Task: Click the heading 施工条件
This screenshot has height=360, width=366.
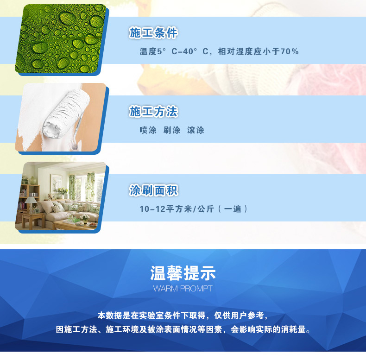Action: (153, 32)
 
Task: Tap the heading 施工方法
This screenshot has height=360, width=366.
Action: (153, 111)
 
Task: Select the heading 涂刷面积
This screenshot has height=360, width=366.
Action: (153, 190)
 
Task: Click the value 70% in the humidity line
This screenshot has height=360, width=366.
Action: (290, 51)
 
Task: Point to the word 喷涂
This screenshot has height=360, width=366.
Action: (148, 130)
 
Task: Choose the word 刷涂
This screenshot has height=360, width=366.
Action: (172, 130)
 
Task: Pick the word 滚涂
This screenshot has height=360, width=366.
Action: (196, 130)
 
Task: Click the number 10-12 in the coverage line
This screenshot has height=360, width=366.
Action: (152, 209)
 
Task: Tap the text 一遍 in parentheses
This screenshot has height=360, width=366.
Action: (233, 208)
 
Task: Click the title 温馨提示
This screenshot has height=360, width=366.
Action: (183, 273)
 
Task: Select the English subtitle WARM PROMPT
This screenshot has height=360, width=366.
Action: (183, 289)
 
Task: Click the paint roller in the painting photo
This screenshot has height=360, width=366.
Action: (67, 114)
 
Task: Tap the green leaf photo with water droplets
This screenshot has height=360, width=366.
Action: (61, 38)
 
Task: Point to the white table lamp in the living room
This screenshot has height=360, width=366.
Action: (31, 203)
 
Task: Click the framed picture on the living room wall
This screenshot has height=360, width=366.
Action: (56, 184)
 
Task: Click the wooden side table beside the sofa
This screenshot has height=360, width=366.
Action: (33, 220)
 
